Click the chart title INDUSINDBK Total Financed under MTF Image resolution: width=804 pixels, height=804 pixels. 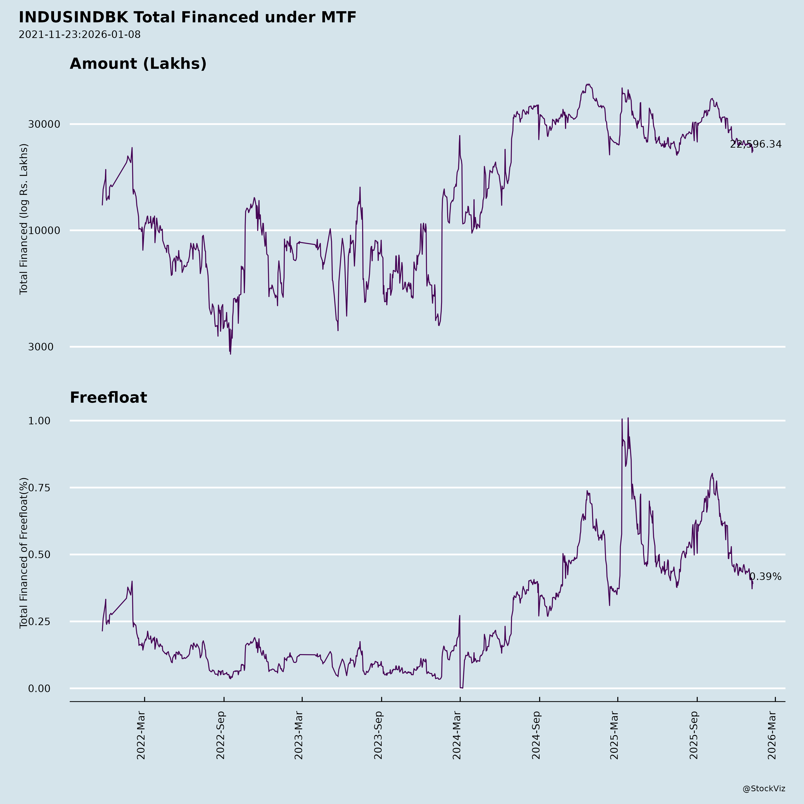click(187, 17)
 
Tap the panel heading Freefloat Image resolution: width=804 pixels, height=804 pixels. click(108, 398)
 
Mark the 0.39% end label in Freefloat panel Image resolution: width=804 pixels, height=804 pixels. click(765, 577)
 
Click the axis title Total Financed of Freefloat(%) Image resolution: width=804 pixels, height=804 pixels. click(24, 553)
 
